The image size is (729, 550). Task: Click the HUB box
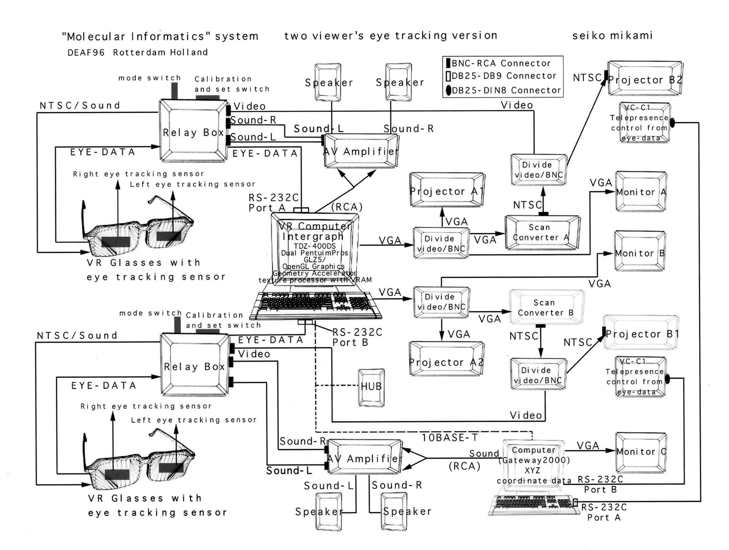pyautogui.click(x=371, y=387)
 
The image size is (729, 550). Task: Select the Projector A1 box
pyautogui.click(x=447, y=190)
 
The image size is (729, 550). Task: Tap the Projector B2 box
pyautogui.click(x=645, y=79)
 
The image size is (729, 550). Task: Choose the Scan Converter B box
pyautogui.click(x=546, y=307)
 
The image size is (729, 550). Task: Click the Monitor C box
pyautogui.click(x=641, y=452)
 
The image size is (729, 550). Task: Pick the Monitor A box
pyautogui.click(x=641, y=191)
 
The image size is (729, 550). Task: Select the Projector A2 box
pyautogui.click(x=446, y=362)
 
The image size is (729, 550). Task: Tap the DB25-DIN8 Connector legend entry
pyautogui.click(x=503, y=90)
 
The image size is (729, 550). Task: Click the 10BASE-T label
pyautogui.click(x=450, y=437)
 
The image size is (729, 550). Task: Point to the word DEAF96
pyautogui.click(x=86, y=53)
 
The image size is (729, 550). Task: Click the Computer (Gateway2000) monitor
pyautogui.click(x=533, y=465)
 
